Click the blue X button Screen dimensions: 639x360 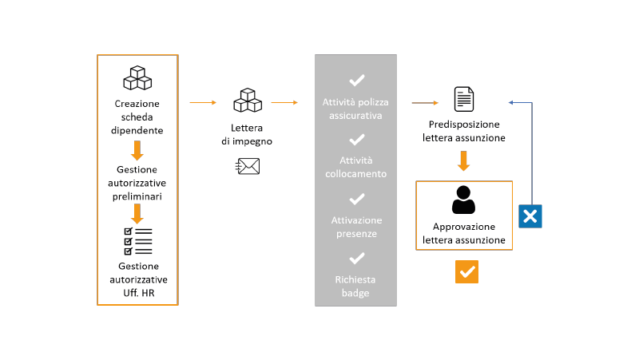[530, 216]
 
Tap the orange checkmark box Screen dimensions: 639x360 [466, 271]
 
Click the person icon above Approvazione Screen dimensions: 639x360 [464, 200]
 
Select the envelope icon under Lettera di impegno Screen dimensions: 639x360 [248, 166]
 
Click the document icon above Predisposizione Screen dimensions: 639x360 [464, 99]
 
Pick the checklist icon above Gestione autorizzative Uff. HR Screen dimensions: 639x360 [138, 242]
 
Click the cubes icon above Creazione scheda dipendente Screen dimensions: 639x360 [137, 77]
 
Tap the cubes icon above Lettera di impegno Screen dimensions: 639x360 [248, 101]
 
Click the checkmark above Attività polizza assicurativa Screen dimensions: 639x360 [356, 81]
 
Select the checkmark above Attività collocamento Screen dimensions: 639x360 [356, 140]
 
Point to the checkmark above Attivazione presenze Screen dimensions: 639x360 [356, 199]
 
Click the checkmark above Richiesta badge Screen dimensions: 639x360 [356, 258]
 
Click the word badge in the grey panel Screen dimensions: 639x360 [355, 293]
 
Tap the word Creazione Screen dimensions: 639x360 [137, 104]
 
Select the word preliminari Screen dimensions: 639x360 [137, 196]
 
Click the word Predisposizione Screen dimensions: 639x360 [464, 125]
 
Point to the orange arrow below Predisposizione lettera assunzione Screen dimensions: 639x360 [463, 161]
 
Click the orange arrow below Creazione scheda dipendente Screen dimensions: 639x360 [137, 151]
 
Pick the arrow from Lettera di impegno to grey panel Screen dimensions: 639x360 [284, 103]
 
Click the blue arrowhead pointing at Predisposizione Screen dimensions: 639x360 [511, 103]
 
